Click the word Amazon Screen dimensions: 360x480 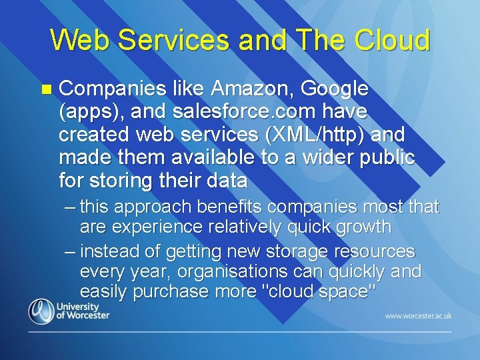252,88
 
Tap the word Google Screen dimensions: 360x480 335,88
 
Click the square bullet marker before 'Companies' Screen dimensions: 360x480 45,89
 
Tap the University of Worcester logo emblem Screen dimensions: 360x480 41,311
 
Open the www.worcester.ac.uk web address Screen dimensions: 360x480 418,315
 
